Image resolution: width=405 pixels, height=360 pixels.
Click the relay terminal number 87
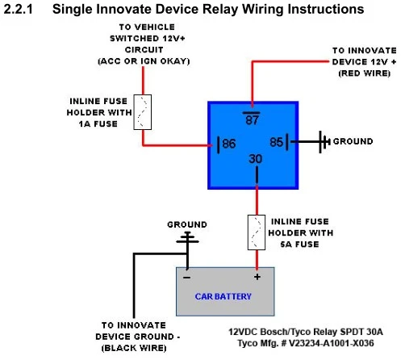(x=252, y=119)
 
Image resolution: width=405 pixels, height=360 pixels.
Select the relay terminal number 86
(x=229, y=144)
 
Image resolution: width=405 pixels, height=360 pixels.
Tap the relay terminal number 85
(x=277, y=142)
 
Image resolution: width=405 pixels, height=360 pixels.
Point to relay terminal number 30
(x=255, y=159)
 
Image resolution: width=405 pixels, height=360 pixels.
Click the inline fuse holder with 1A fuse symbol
(x=143, y=112)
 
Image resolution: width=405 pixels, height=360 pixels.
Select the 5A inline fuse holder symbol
(x=257, y=232)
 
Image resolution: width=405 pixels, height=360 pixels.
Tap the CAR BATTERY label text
(x=223, y=296)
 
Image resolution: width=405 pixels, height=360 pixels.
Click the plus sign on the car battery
(x=257, y=277)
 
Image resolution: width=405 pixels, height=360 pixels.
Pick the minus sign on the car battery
(x=186, y=278)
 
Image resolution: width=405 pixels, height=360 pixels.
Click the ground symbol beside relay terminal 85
(x=324, y=142)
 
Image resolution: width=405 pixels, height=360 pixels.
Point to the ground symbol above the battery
(x=187, y=238)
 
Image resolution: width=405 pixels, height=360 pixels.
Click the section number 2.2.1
(x=19, y=9)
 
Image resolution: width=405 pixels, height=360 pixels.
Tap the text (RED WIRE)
(x=365, y=73)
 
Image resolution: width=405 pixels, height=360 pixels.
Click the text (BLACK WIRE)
(x=134, y=348)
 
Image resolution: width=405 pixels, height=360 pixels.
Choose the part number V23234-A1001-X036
(x=332, y=343)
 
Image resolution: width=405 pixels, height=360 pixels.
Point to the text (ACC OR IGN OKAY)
(x=144, y=61)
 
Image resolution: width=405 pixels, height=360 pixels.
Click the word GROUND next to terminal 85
(x=353, y=141)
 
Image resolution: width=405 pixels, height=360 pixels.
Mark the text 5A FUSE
(x=299, y=245)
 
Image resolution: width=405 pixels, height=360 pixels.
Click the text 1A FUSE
(x=98, y=124)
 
